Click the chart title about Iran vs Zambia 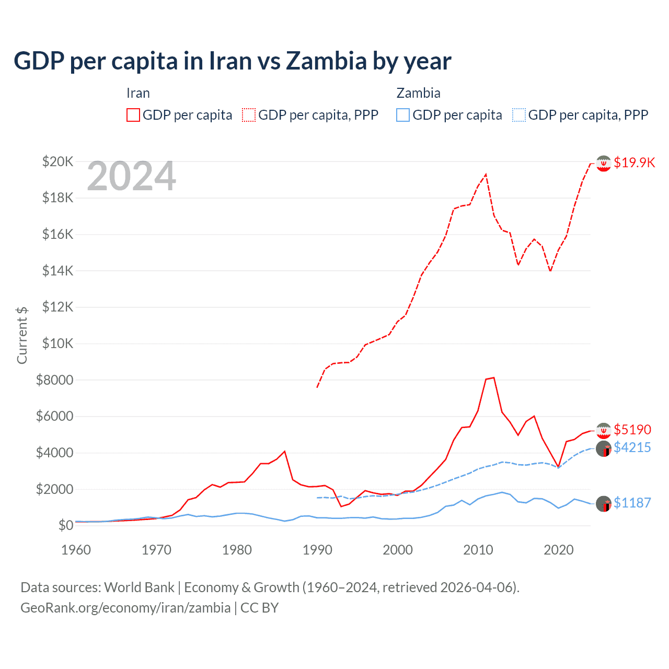point(232,61)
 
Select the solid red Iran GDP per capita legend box point(133,115)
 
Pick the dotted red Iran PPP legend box point(249,115)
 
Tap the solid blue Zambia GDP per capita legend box point(403,115)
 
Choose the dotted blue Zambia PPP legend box point(519,115)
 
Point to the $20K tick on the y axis point(57,162)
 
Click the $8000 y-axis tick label point(54,380)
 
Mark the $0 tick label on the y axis point(65,525)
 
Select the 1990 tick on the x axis point(317,550)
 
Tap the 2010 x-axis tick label point(478,550)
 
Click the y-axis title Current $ point(22,335)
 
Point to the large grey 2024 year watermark point(131,177)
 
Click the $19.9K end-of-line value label point(634,163)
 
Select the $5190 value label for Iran point(632,430)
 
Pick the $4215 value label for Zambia point(632,447)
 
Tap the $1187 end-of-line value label point(632,503)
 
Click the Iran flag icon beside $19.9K point(604,164)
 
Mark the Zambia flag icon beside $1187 point(604,504)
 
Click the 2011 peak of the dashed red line point(486,175)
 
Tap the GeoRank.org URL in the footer point(125,608)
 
